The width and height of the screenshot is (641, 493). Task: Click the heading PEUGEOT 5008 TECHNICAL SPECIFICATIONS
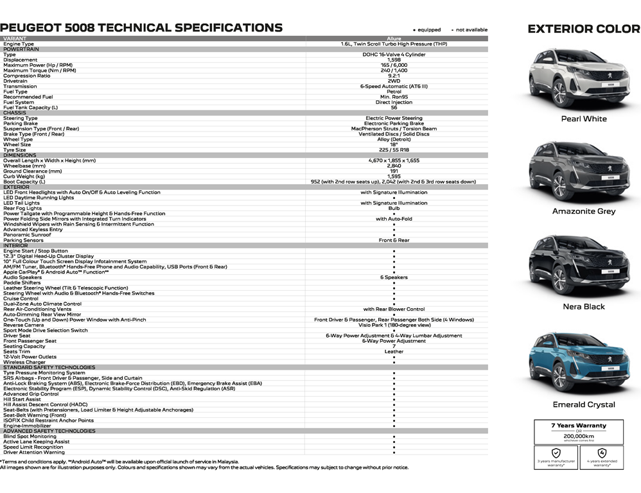(x=141, y=28)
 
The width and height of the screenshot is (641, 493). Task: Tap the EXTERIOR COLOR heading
(x=583, y=28)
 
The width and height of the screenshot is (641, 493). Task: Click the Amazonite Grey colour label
(x=584, y=211)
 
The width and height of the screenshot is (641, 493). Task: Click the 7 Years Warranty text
(x=578, y=426)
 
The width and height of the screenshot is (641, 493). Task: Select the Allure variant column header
(x=394, y=39)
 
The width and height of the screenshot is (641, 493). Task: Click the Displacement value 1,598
(x=394, y=60)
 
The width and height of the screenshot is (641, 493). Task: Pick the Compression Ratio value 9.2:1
(x=394, y=76)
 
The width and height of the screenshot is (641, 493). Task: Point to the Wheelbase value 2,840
(x=394, y=166)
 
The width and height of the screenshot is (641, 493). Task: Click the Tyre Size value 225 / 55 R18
(x=394, y=150)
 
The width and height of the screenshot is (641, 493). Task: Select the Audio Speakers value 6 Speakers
(x=394, y=277)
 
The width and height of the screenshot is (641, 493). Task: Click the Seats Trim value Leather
(x=394, y=351)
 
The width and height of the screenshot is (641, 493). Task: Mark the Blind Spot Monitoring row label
(x=30, y=437)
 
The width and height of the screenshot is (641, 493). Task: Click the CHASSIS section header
(x=15, y=113)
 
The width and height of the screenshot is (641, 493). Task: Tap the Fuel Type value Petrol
(x=394, y=92)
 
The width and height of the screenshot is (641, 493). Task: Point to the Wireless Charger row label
(x=24, y=362)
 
